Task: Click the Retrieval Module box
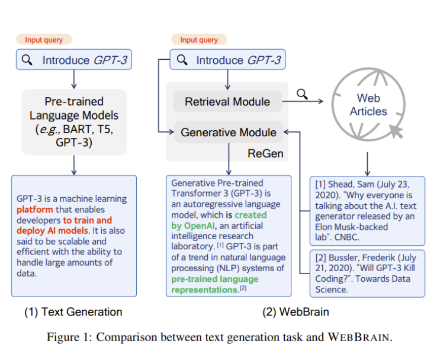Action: tap(227, 102)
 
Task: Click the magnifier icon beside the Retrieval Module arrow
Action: tap(302, 93)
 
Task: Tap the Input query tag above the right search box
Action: tap(199, 40)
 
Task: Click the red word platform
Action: tap(35, 210)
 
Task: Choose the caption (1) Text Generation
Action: tap(73, 312)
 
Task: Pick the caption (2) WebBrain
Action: tap(295, 312)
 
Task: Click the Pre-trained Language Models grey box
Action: tap(74, 121)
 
